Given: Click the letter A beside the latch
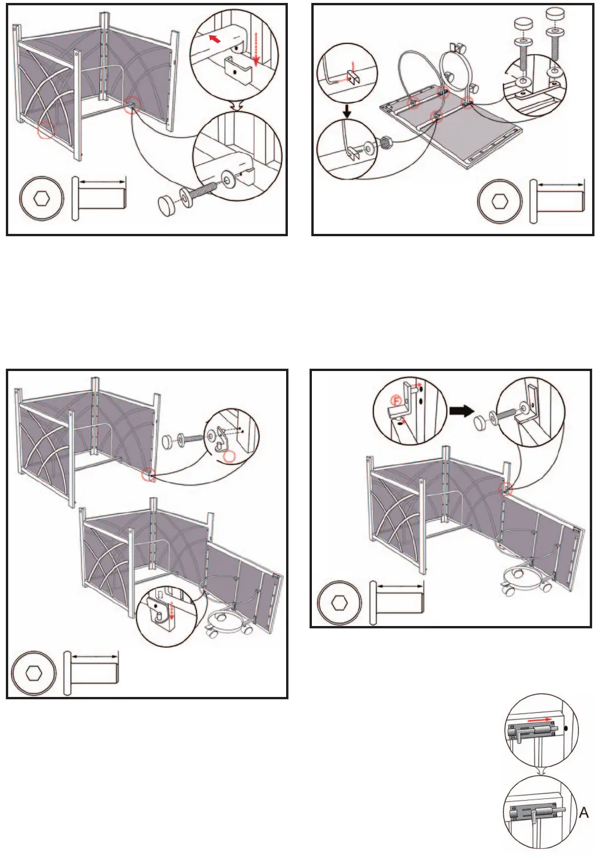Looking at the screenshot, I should click(x=584, y=813).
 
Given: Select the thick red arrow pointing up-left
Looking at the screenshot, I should click(x=216, y=39).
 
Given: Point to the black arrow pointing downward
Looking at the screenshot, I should click(x=347, y=110).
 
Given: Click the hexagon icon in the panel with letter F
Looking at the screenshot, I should click(x=339, y=602).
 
